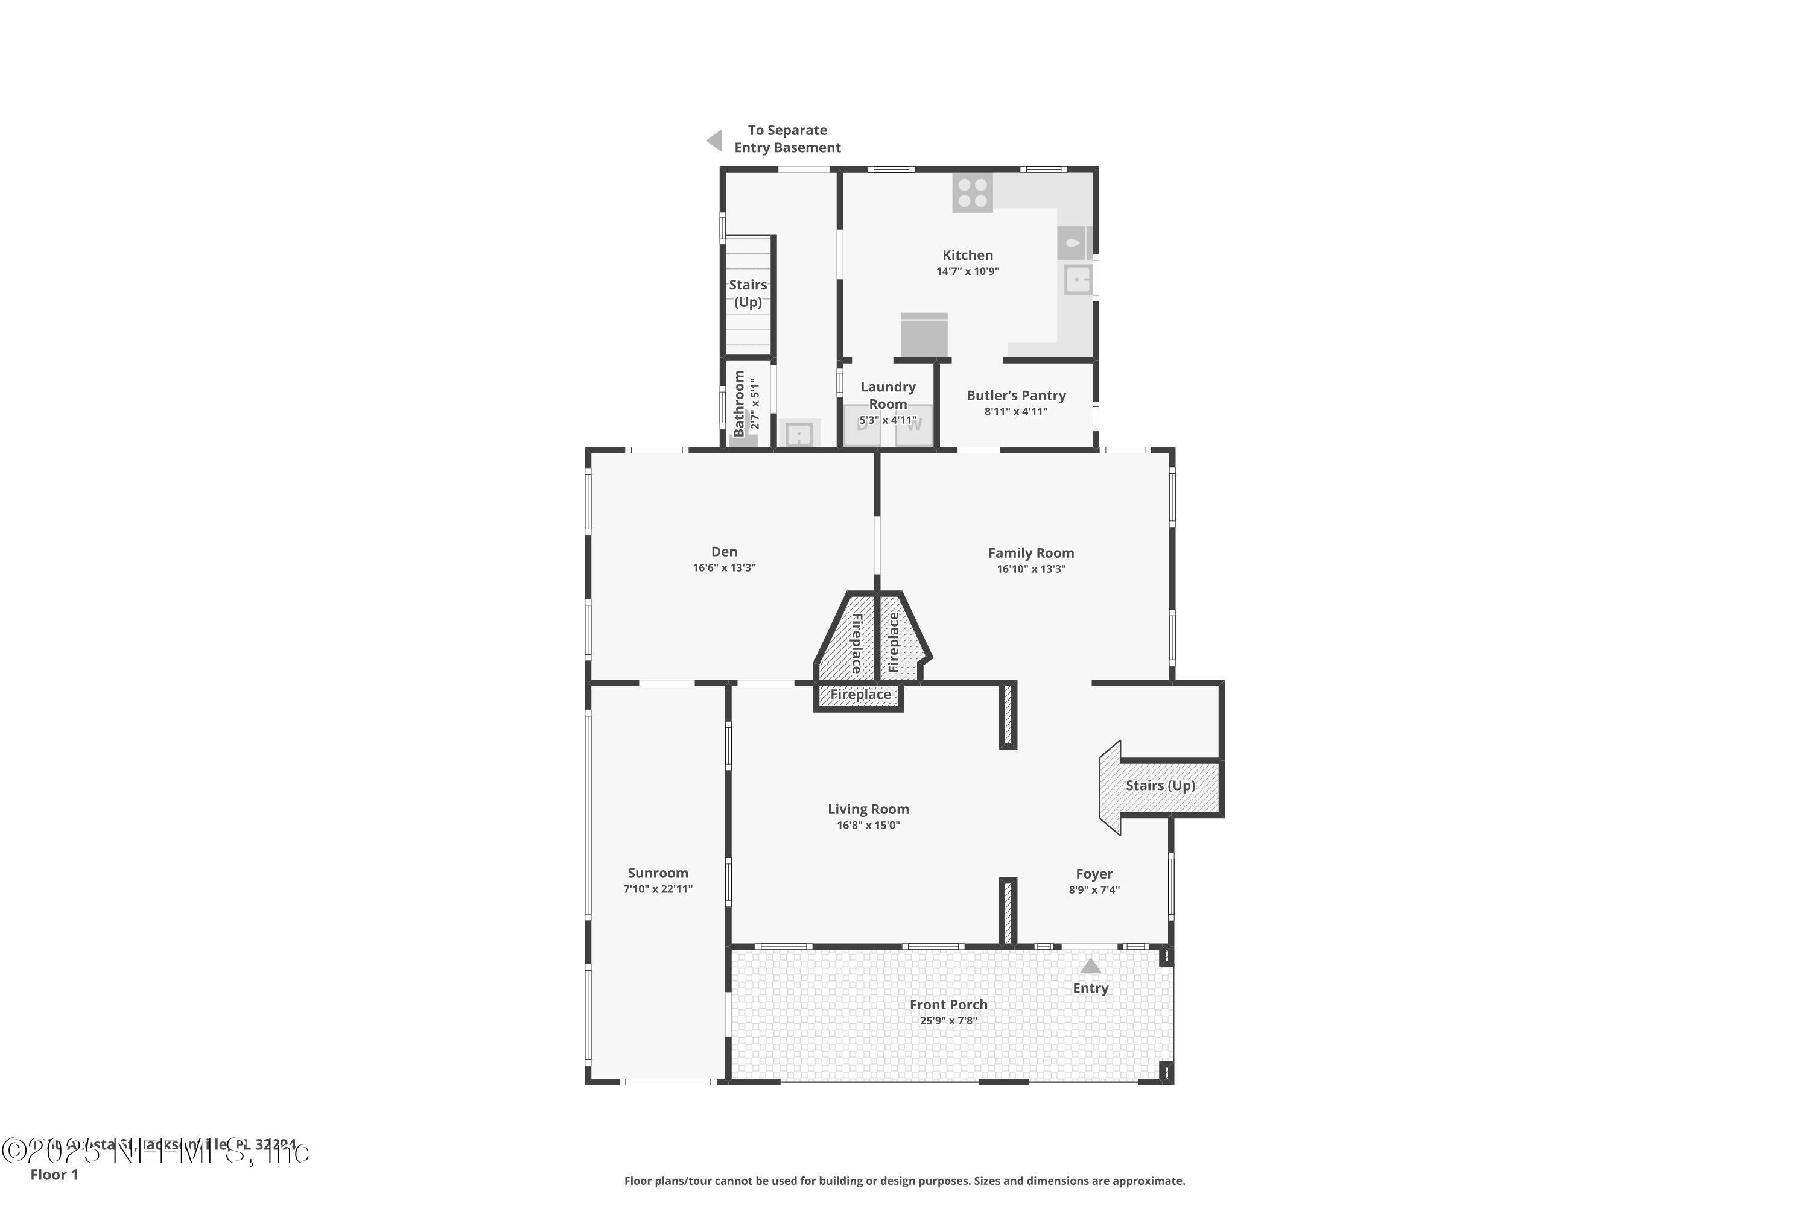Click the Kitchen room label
coord(967,255)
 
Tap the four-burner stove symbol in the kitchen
coord(972,193)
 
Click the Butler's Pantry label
coord(1016,396)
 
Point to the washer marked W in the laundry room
coord(914,425)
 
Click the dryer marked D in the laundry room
coord(862,425)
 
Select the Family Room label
coord(1030,553)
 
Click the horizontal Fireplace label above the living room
coord(860,695)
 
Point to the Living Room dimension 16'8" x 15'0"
coord(868,826)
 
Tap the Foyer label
coord(1093,874)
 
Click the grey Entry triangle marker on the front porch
coord(1090,966)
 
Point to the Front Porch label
coord(948,1005)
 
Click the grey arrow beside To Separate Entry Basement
coord(715,140)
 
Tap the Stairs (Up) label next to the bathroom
coord(748,293)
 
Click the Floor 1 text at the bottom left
coord(54,1175)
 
